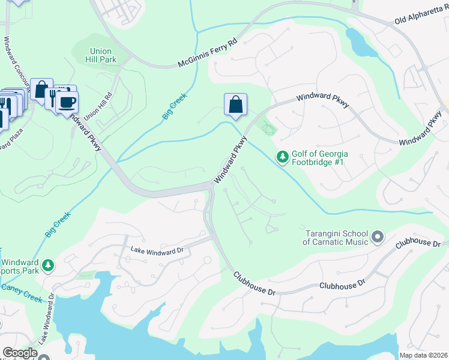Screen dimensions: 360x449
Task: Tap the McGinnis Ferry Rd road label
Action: pos(208,54)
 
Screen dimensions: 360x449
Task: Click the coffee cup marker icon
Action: pos(67,101)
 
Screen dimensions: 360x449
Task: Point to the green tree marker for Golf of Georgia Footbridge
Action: pos(282,157)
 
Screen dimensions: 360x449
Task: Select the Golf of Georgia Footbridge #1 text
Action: pos(320,158)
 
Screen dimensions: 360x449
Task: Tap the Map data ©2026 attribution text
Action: pos(423,355)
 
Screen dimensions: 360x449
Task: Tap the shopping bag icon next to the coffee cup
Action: pos(41,90)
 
